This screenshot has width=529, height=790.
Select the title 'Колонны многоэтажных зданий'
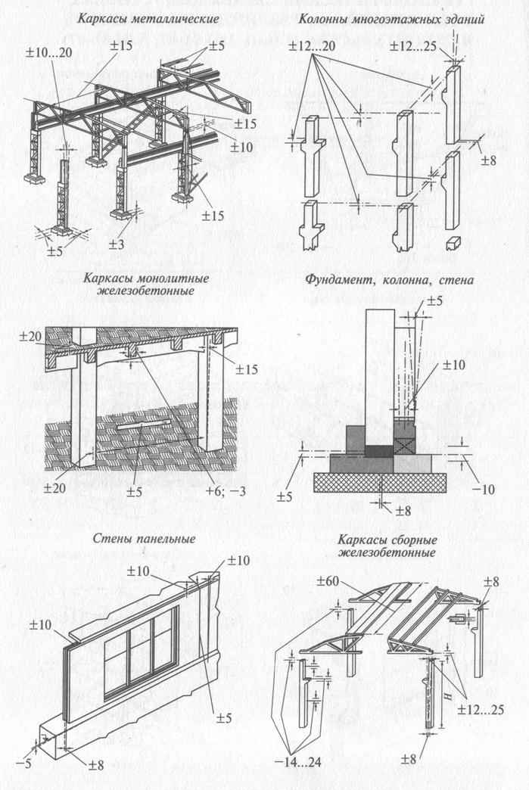point(391,17)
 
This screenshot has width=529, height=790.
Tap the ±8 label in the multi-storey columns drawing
point(491,160)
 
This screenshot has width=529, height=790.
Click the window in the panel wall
point(141,649)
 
